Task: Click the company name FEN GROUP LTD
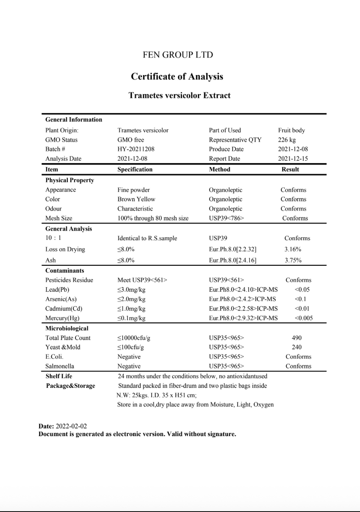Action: tap(177, 55)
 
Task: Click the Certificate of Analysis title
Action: tap(177, 77)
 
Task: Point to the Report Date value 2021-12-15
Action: tap(292, 159)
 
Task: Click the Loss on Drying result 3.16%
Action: tap(293, 249)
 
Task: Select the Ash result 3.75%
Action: tap(293, 260)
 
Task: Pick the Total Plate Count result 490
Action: tap(296, 338)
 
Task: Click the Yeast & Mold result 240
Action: tap(296, 347)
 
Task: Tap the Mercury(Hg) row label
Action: tap(62, 318)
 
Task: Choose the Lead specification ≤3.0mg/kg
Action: tap(131, 289)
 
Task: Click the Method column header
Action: tap(219, 169)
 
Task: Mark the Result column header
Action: tap(290, 169)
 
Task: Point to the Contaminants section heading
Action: tap(64, 270)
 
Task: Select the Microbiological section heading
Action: tap(67, 328)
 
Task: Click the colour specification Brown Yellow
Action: tap(136, 199)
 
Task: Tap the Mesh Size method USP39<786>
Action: tap(226, 218)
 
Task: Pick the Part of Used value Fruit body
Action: tap(291, 131)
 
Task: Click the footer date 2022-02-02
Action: tap(71, 426)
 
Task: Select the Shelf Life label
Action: tap(59, 376)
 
